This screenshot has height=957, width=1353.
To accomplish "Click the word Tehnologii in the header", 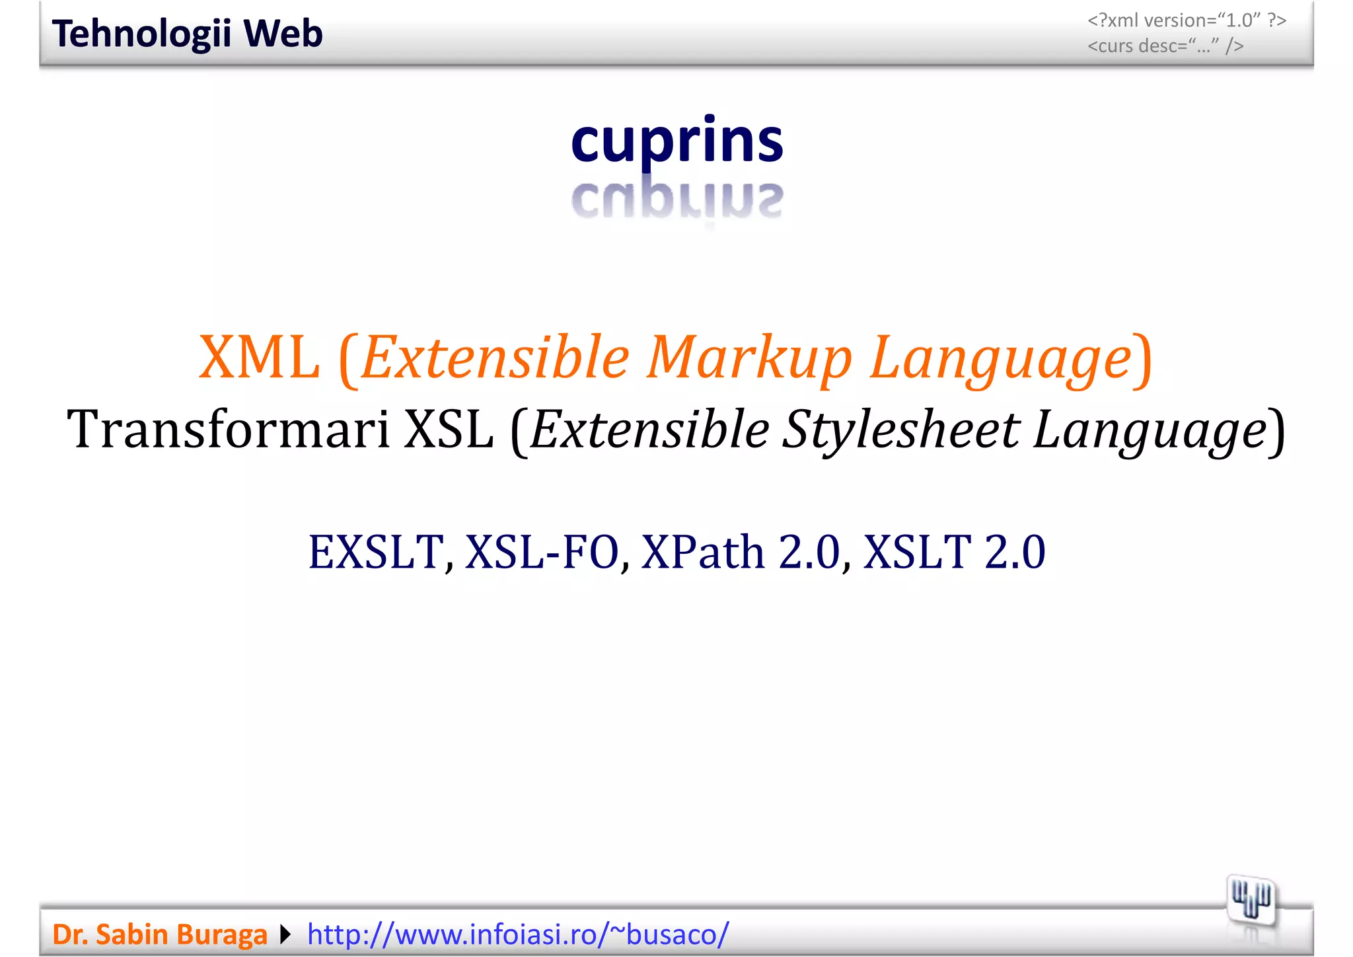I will (141, 34).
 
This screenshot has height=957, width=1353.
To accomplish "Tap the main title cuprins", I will (676, 141).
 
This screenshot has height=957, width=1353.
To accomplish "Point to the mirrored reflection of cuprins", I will (676, 200).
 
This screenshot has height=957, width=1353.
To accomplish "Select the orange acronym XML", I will (259, 358).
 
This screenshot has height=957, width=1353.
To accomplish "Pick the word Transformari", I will (228, 430).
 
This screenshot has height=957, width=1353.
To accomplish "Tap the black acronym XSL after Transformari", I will (449, 430).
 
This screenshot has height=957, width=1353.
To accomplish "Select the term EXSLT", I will (375, 552).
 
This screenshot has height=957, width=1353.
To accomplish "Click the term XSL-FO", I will (542, 552).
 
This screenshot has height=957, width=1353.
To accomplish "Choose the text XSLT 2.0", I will (954, 552).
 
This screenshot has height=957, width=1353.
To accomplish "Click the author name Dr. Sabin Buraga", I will (160, 935).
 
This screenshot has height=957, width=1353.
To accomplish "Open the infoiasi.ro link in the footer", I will (518, 935).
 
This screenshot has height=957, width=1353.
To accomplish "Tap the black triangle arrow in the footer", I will (285, 935).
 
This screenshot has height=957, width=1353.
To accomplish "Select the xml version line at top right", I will (1187, 20).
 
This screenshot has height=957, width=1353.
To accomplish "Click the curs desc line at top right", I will (1165, 46).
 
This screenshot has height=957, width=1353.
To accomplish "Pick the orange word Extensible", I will (495, 358).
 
